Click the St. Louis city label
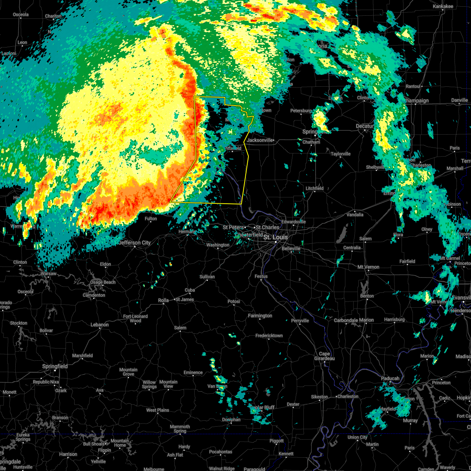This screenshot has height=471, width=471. [x=275, y=237]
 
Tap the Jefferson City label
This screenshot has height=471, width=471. [x=135, y=243]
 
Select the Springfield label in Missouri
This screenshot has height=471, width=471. [x=55, y=366]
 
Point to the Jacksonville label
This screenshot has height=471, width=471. [x=260, y=140]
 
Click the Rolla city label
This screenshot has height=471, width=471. [x=163, y=300]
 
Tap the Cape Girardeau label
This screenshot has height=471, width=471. [x=324, y=356]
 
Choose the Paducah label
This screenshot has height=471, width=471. [x=390, y=378]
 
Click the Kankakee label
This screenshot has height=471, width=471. [x=443, y=6]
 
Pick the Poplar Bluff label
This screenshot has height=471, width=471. [x=264, y=407]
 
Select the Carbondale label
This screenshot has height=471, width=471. [x=346, y=320]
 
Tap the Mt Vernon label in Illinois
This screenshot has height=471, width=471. [x=368, y=267]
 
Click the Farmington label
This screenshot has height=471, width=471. [x=260, y=316]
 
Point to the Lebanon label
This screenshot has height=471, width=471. [x=100, y=325]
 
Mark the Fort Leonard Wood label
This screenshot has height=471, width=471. [x=135, y=318]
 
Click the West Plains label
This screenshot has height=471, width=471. [x=157, y=410]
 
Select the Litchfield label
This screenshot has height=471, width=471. [x=314, y=188]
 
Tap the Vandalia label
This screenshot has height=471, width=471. [x=355, y=215]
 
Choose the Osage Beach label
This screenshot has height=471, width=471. [x=102, y=282]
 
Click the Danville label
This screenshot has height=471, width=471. [x=459, y=100]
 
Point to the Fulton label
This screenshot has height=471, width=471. [x=151, y=219]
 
